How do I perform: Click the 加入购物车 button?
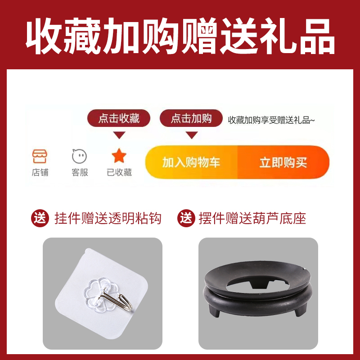pyautogui.click(x=191, y=162)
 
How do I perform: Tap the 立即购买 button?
pyautogui.click(x=283, y=162)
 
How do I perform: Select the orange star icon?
pyautogui.click(x=119, y=156)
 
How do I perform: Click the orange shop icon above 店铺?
pyautogui.click(x=40, y=156)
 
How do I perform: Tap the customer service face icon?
pyautogui.click(x=80, y=156)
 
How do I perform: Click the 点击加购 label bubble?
pyautogui.click(x=191, y=119)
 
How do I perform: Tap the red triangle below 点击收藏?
pyautogui.click(x=119, y=135)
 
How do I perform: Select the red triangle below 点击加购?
pyautogui.click(x=191, y=135)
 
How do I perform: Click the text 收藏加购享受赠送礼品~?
pyautogui.click(x=272, y=120)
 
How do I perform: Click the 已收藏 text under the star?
pyautogui.click(x=119, y=172)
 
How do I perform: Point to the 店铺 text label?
pyautogui.click(x=40, y=172)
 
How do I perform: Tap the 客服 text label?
pyautogui.click(x=80, y=172)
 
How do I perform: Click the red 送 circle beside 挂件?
pyautogui.click(x=40, y=219)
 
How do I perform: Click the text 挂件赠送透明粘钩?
pyautogui.click(x=108, y=219)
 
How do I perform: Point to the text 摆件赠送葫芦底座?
pyautogui.click(x=252, y=219)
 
